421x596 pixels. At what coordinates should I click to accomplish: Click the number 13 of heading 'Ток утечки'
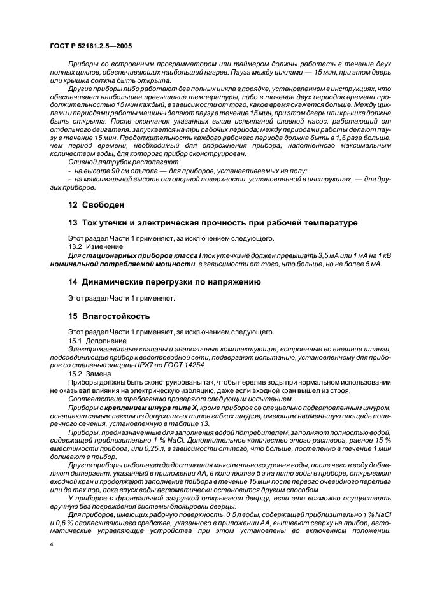tap(72, 222)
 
